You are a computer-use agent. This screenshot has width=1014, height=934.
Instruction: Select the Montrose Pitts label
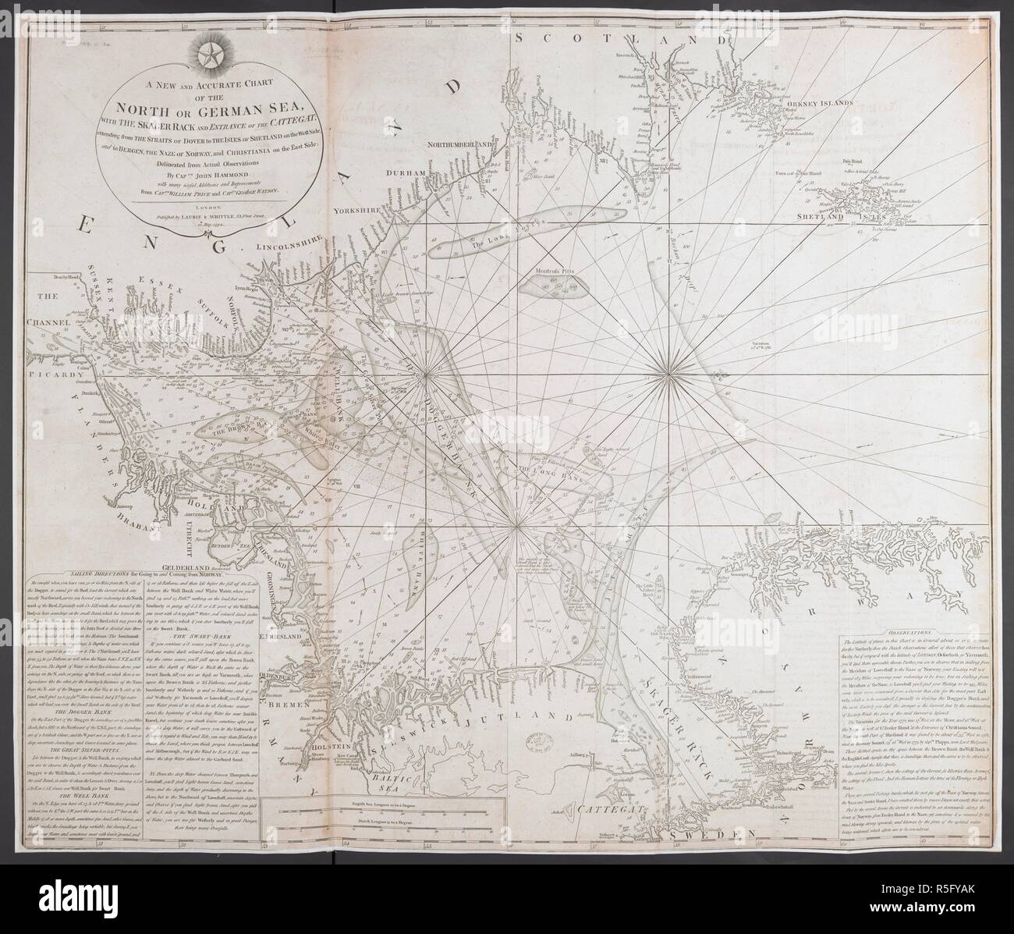(x=556, y=275)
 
